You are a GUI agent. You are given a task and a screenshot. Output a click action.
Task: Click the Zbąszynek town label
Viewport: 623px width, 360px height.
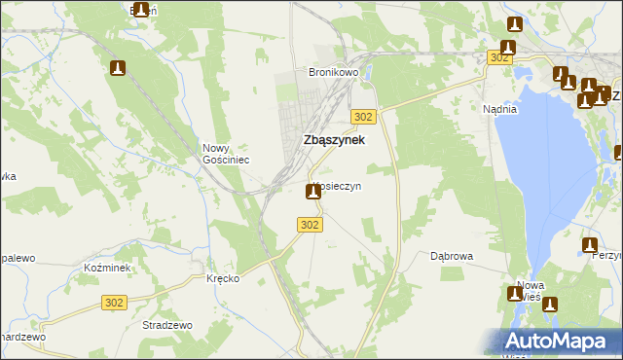coord(335,140)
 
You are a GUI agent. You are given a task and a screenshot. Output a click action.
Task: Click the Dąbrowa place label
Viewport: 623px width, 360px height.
coord(452,257)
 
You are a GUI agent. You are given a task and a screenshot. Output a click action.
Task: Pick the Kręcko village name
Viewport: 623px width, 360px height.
coord(223,278)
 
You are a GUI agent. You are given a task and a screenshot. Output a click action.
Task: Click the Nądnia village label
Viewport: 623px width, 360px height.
coord(499,110)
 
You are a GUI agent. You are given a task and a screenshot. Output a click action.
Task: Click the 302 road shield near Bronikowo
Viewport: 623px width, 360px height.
coord(363,117)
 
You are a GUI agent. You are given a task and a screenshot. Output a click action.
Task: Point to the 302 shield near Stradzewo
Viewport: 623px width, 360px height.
coord(114,304)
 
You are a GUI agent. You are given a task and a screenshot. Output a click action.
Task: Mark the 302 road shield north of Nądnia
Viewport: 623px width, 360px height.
coord(499,58)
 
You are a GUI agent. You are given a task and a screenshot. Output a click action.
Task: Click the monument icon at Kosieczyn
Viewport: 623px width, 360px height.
coord(313,192)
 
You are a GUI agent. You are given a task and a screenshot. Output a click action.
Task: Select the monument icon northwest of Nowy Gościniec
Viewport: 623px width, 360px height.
coord(118,69)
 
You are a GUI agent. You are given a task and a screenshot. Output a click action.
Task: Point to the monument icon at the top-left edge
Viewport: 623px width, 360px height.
coord(141,10)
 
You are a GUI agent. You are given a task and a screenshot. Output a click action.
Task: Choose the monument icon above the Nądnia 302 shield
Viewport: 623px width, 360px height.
coord(507,47)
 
